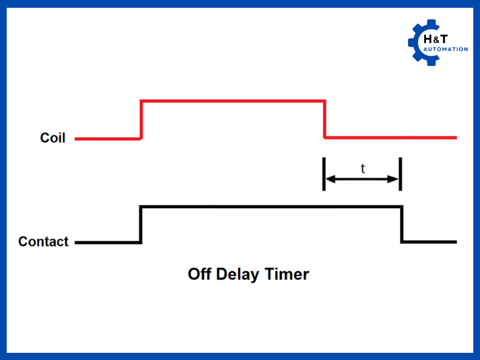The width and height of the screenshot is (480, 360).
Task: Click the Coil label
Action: (53, 138)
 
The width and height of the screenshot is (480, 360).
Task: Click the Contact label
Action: (43, 242)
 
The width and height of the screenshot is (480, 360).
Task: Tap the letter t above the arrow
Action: (362, 169)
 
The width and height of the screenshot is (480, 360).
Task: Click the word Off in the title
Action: (201, 275)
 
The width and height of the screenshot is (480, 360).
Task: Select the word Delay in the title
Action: (244, 275)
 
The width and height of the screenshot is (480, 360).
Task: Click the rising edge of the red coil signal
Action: (141, 119)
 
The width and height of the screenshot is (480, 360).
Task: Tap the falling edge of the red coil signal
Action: (325, 119)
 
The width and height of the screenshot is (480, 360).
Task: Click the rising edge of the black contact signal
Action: (141, 224)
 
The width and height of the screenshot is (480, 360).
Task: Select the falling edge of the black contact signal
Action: (401, 224)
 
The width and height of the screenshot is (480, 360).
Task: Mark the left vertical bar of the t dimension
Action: (324, 174)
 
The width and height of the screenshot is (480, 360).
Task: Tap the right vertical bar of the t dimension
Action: (400, 174)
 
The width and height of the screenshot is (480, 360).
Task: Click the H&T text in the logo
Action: (437, 39)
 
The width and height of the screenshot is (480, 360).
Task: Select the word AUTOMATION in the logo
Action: (445, 49)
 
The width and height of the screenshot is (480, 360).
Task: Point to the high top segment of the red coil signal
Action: (233, 100)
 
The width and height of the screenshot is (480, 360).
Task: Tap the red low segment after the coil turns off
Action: (390, 137)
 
